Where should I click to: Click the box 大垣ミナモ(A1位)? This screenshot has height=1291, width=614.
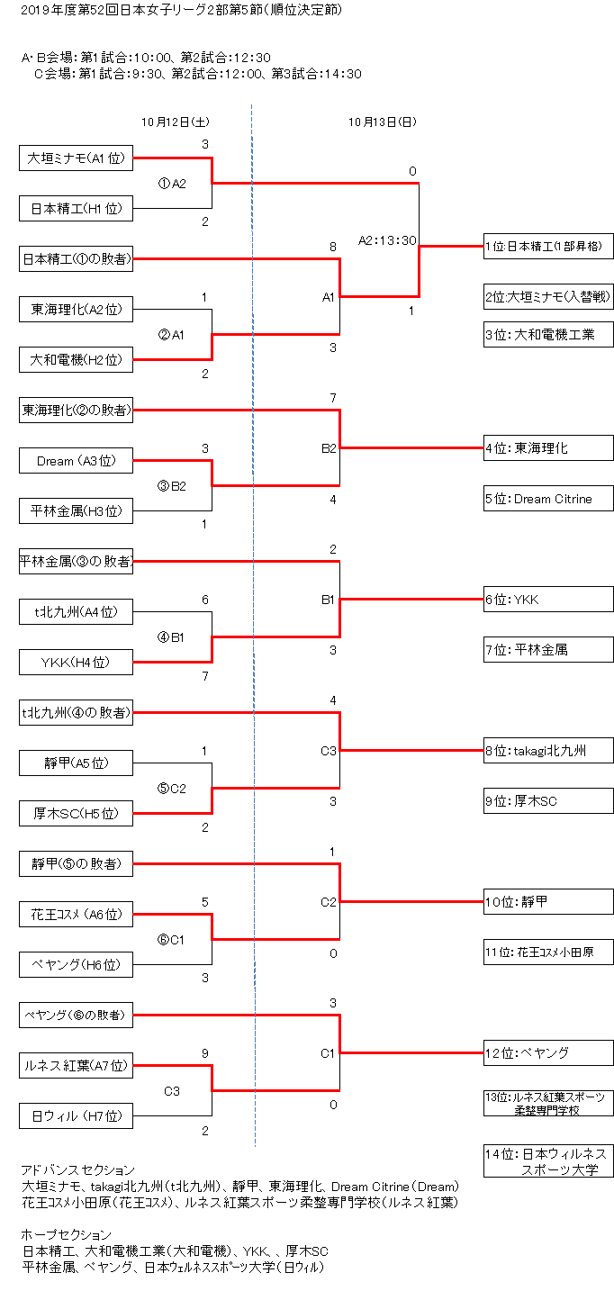77,158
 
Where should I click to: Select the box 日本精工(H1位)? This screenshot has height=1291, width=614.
77,209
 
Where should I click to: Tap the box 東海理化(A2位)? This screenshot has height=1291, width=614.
77,310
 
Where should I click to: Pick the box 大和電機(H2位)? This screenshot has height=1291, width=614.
77,360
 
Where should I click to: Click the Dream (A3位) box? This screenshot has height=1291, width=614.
77,461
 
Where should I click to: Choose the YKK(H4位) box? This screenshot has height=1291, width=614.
77,663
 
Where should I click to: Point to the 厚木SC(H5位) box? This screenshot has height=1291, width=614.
77,814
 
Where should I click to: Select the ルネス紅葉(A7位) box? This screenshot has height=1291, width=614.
77,1066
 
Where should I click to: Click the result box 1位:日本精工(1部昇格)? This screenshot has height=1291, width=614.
548,245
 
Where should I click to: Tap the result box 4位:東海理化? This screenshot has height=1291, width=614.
548,447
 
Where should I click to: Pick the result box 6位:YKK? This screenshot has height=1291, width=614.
548,599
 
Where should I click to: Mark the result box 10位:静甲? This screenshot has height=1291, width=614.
548,901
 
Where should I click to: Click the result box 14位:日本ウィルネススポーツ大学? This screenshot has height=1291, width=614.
548,1161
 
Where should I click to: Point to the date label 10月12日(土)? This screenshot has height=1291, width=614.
176,122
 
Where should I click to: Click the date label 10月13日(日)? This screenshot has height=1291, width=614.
383,122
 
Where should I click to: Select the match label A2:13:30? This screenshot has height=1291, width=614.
387,240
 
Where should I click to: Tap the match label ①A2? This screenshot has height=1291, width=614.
172,184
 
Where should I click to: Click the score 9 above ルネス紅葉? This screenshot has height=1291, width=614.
205,1052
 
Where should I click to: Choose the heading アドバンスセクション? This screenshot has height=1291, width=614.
77,1169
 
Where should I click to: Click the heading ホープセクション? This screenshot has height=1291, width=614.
67,1234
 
